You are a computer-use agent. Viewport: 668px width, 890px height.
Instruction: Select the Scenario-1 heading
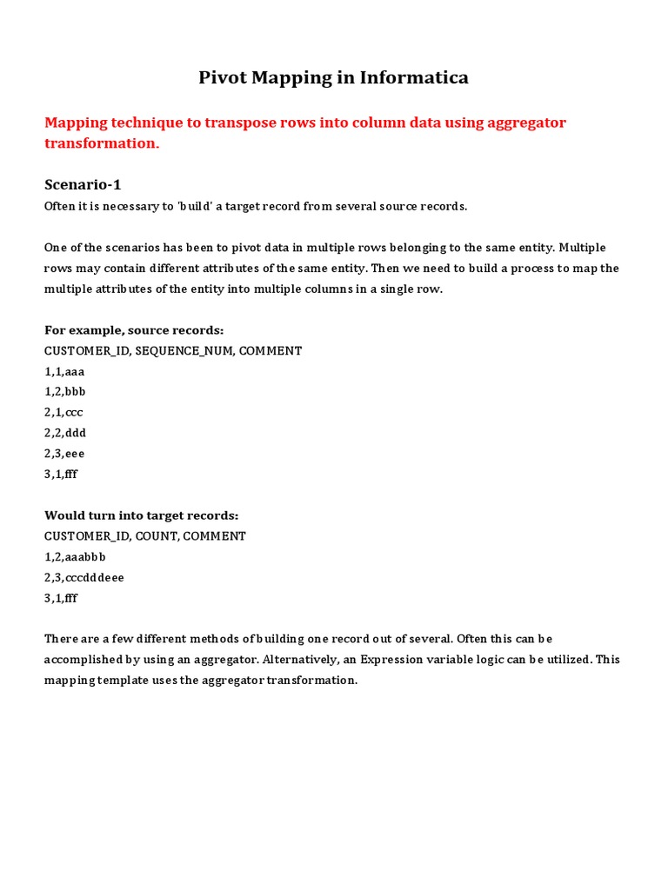[x=89, y=184]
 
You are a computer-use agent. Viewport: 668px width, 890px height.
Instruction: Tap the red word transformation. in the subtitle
[x=102, y=143]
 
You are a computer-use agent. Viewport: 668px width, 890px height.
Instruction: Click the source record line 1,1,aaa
[x=64, y=371]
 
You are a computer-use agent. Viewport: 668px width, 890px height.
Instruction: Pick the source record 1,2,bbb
[x=65, y=391]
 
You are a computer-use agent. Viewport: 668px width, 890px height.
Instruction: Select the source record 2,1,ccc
[x=63, y=412]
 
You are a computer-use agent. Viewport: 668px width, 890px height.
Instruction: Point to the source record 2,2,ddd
[x=65, y=433]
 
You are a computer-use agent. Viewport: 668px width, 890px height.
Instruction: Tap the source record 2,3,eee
[x=64, y=454]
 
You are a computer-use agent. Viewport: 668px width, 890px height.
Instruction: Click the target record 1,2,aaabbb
[x=75, y=556]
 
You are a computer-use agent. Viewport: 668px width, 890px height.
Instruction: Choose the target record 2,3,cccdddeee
[x=84, y=577]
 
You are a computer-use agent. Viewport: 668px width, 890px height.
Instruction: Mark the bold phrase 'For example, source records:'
[x=134, y=330]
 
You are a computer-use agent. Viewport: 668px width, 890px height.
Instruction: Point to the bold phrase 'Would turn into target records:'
[x=141, y=515]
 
